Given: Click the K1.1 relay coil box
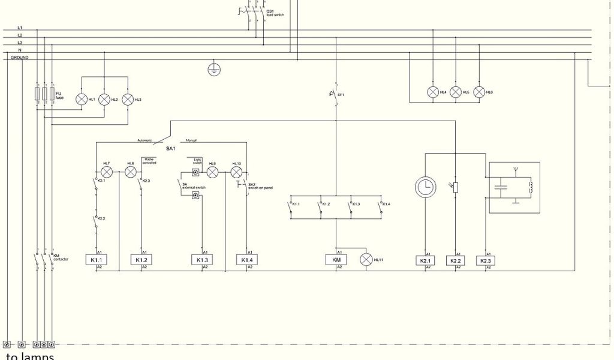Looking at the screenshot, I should [x=96, y=260].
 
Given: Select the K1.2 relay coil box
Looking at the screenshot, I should [x=141, y=260].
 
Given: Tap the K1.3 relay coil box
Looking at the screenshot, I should [x=201, y=260].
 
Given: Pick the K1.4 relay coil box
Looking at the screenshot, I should [x=246, y=260].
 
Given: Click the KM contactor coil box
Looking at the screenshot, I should [x=336, y=260].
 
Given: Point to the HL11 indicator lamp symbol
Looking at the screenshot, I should [x=366, y=259].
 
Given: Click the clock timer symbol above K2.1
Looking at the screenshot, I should [x=425, y=187].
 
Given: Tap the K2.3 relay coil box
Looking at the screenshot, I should [x=485, y=261].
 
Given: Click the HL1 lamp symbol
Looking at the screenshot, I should [x=82, y=100].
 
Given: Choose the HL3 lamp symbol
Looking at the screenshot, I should [x=127, y=100].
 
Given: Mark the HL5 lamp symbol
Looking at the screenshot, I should [x=456, y=92].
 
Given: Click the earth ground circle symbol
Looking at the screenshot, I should [x=213, y=70].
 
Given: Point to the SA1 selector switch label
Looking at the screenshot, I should [x=170, y=148].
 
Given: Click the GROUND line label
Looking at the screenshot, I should [x=20, y=58].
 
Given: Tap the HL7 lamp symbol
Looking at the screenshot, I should [x=107, y=172].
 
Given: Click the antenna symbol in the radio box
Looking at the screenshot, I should [x=514, y=171].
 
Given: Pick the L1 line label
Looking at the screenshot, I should [x=20, y=28].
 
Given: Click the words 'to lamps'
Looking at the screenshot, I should [x=30, y=356].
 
